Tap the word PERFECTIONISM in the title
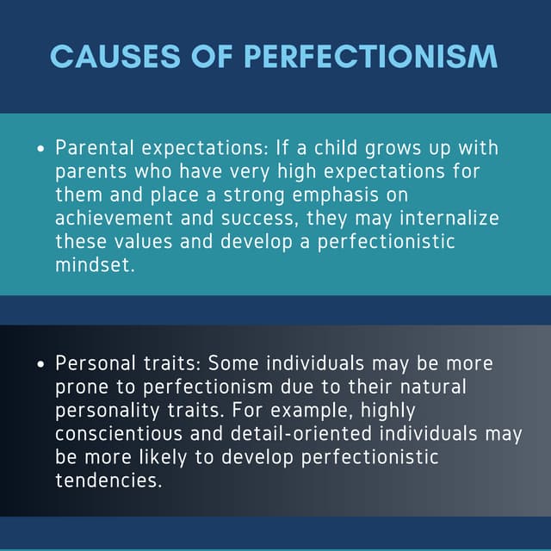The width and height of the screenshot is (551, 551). click(x=371, y=56)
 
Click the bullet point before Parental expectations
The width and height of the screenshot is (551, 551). click(x=40, y=150)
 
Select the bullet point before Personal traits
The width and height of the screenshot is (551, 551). click(x=40, y=365)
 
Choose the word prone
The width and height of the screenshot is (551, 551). click(x=80, y=387)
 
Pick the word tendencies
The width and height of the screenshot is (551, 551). click(x=107, y=480)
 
